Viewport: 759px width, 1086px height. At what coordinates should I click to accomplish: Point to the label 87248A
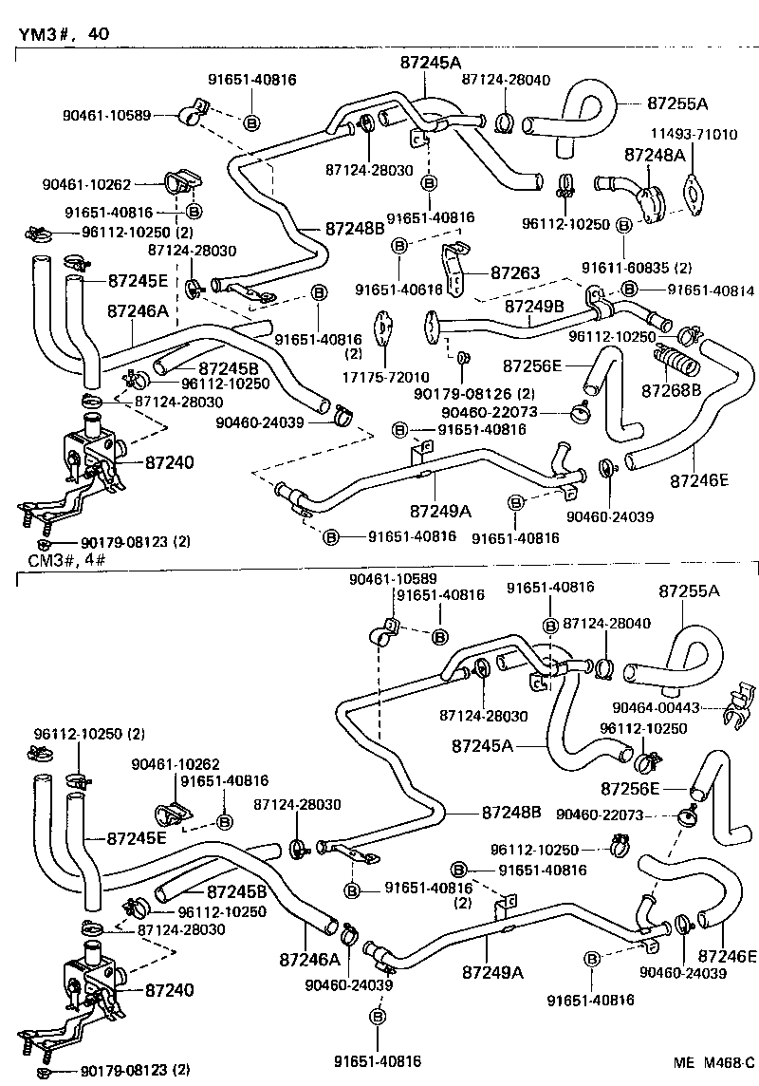(x=654, y=153)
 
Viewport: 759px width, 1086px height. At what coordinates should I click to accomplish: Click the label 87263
(x=514, y=273)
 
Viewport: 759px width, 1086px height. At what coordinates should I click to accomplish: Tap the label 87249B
(x=534, y=307)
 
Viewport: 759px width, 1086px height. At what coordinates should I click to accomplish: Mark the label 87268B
(x=671, y=390)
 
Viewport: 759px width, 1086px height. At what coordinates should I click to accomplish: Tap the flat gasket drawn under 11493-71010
(x=699, y=193)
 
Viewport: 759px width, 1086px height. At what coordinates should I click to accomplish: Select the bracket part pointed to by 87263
(x=457, y=267)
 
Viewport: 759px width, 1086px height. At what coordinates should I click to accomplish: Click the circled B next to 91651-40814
(x=629, y=290)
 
